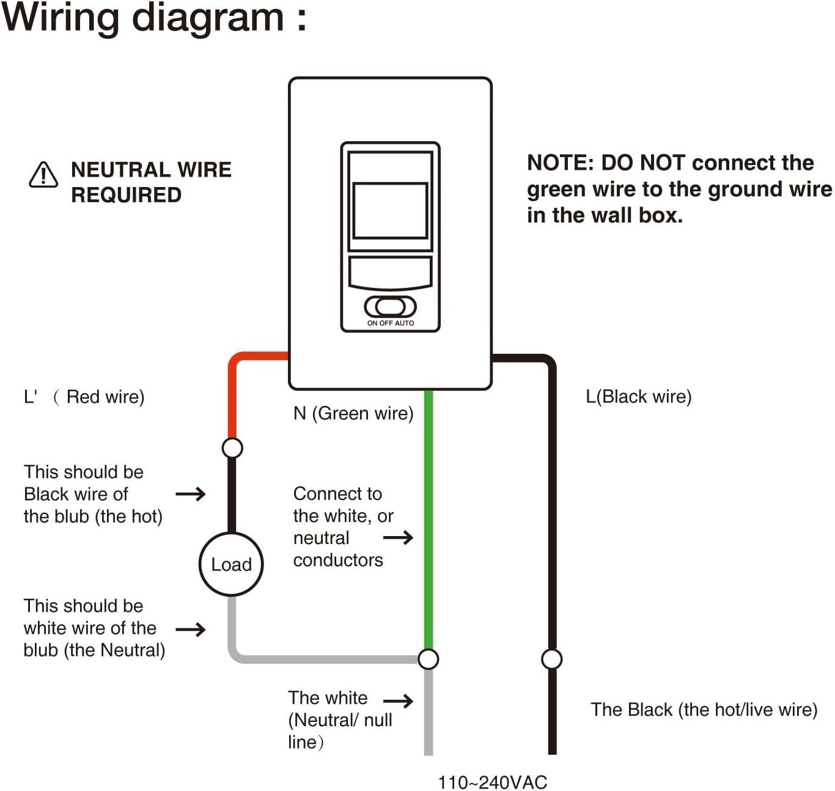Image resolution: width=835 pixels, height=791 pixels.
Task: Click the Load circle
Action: tap(231, 564)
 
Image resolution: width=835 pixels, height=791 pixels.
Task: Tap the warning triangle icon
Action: tap(43, 175)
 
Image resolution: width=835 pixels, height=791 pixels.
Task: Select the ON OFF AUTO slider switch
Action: tap(390, 306)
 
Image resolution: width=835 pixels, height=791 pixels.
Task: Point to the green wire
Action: tap(429, 520)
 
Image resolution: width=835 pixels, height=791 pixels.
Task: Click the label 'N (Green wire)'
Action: tap(353, 414)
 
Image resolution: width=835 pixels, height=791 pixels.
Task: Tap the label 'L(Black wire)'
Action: tap(638, 397)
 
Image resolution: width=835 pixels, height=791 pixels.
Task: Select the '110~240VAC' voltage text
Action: tap(492, 782)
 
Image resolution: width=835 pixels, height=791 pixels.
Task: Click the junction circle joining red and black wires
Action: tap(232, 448)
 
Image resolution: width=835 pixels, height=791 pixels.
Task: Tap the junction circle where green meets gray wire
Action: tap(429, 659)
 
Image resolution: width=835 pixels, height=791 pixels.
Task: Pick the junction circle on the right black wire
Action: tap(552, 659)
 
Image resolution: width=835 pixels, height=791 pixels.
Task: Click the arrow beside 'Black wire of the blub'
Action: tap(190, 494)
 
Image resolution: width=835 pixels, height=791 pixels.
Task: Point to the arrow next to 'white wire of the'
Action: tap(190, 629)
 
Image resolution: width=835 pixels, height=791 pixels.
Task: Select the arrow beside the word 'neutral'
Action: tap(398, 538)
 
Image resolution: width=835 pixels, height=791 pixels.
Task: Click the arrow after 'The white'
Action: tap(398, 701)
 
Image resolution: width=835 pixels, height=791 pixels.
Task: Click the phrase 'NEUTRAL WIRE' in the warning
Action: tap(151, 169)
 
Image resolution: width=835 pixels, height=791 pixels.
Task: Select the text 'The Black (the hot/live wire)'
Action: tap(704, 710)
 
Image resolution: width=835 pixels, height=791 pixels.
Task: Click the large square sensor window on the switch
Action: tap(390, 210)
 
